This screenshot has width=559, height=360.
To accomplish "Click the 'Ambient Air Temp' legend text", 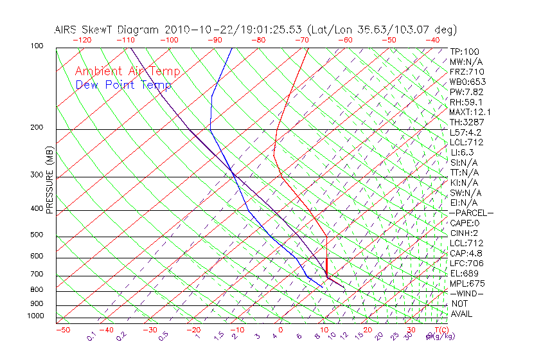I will coord(127,71).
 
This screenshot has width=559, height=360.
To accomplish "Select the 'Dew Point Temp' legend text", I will coord(123,85).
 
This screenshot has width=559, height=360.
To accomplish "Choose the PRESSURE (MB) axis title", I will coord(50,180).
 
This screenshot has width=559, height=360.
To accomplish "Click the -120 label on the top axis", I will coord(82,40).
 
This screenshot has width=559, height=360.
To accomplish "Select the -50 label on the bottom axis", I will coord(62,330).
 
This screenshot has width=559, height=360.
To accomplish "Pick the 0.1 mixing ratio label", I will coord(91,336).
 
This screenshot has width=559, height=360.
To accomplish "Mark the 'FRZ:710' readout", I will coord(467,71).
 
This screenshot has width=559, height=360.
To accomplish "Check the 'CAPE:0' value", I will coord(465,222).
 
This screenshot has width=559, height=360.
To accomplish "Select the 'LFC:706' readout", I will coord(466,263).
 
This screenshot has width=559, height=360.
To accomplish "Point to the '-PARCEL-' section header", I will coord(471,213).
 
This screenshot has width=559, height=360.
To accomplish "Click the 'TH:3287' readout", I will coord(467,122).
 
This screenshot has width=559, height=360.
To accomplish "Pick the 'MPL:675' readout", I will coord(467,283).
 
